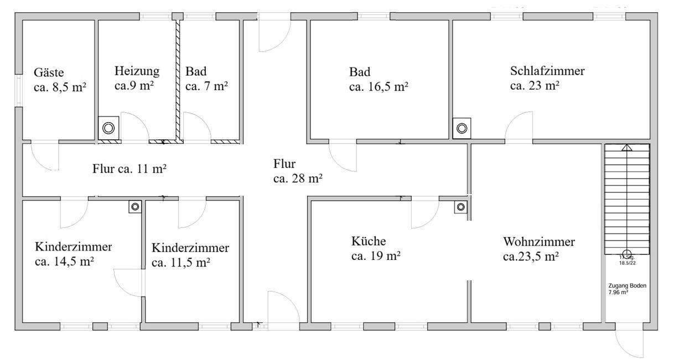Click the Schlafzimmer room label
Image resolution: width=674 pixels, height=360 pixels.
pyautogui.click(x=547, y=71)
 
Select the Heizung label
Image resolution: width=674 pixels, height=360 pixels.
pyautogui.click(x=137, y=71)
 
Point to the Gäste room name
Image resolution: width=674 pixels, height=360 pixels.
pyautogui.click(x=49, y=72)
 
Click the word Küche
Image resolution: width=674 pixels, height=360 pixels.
pyautogui.click(x=368, y=242)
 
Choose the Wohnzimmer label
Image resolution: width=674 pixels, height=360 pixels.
pyautogui.click(x=538, y=242)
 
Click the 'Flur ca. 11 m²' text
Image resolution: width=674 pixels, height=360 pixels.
pyautogui.click(x=129, y=168)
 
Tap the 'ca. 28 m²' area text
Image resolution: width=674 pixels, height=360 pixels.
pyautogui.click(x=298, y=178)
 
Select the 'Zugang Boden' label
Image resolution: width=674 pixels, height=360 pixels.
pyautogui.click(x=627, y=285)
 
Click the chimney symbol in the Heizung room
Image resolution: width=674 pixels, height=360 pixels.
pyautogui.click(x=108, y=128)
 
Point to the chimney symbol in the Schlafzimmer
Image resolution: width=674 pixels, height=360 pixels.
pyautogui.click(x=462, y=128)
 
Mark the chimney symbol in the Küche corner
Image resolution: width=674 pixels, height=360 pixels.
pyautogui.click(x=461, y=207)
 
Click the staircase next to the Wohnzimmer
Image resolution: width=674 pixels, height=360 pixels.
pyautogui.click(x=626, y=194)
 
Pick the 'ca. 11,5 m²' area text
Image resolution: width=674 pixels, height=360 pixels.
pyautogui.click(x=180, y=262)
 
